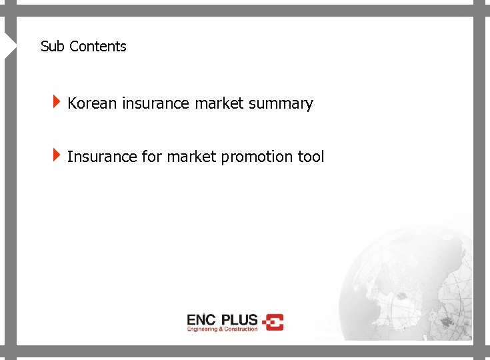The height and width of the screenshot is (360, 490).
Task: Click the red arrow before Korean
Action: click(x=58, y=102)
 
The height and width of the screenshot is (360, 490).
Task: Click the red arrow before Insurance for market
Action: click(x=58, y=155)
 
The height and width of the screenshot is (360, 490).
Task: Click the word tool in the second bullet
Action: click(x=311, y=157)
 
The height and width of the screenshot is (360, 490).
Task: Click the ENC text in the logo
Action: click(x=201, y=319)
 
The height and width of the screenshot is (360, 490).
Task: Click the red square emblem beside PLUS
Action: click(x=273, y=322)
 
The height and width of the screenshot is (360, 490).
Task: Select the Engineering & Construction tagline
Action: click(x=222, y=329)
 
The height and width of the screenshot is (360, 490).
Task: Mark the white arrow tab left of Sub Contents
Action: click(x=10, y=45)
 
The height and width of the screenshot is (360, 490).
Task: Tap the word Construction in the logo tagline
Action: click(x=241, y=329)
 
